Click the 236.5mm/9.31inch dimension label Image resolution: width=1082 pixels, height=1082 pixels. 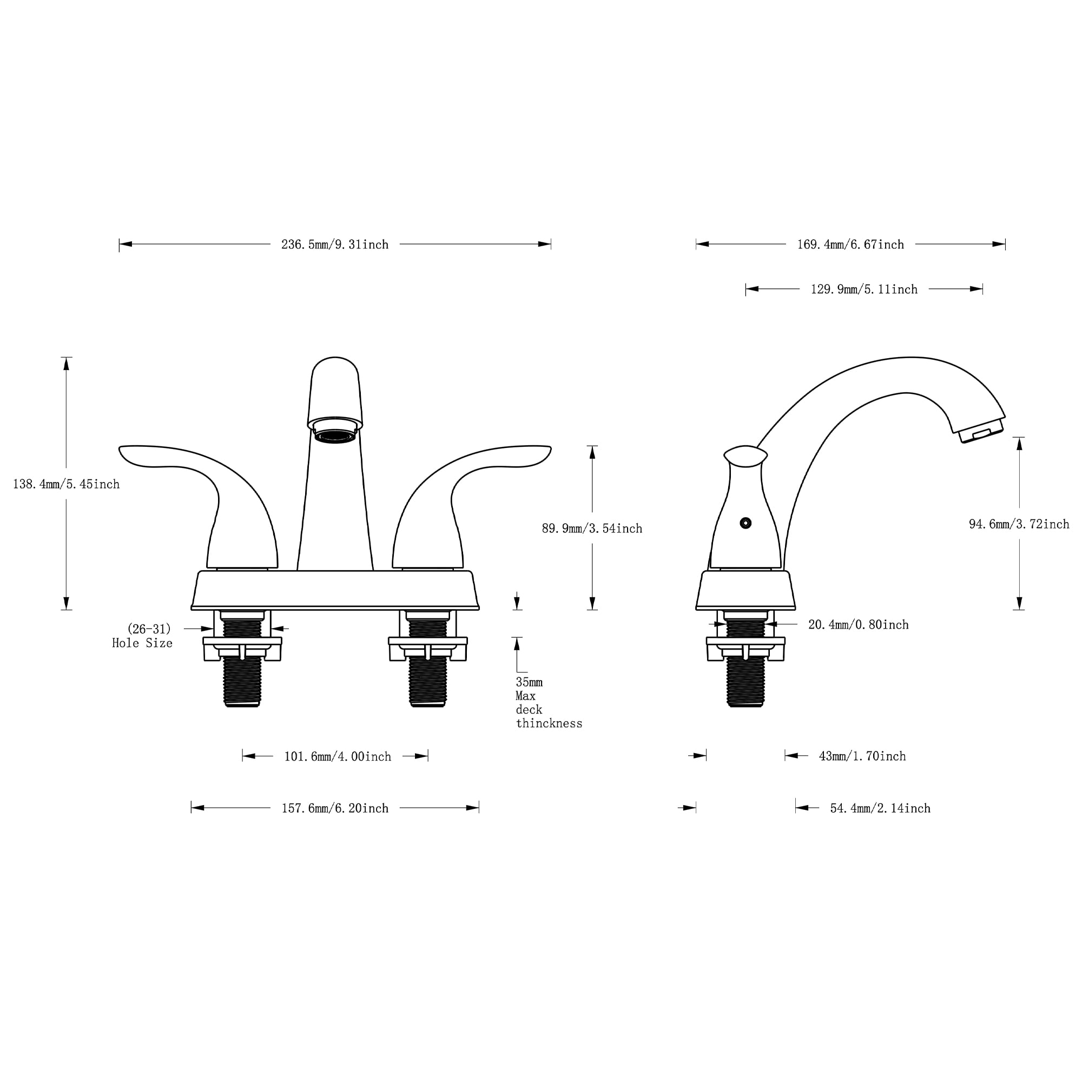335,245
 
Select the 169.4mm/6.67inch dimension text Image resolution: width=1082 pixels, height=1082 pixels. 850,245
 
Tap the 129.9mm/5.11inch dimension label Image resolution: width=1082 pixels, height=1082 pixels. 864,289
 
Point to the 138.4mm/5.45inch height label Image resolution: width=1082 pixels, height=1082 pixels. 66,484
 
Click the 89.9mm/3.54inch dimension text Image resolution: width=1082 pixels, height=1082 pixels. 592,529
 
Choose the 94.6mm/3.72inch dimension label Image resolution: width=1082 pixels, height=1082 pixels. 1019,524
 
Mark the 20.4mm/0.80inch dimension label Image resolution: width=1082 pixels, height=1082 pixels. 858,625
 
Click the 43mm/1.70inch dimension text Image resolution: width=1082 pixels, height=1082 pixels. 862,757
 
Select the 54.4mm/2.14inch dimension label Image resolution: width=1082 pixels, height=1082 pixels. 880,809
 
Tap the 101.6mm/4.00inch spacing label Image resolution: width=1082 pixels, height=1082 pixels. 338,757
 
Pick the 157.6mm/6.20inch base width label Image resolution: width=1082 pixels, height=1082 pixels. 335,809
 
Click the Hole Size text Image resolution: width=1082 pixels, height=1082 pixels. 142,643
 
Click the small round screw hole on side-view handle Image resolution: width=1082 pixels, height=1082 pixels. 745,523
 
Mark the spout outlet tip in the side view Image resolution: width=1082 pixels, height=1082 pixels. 981,434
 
